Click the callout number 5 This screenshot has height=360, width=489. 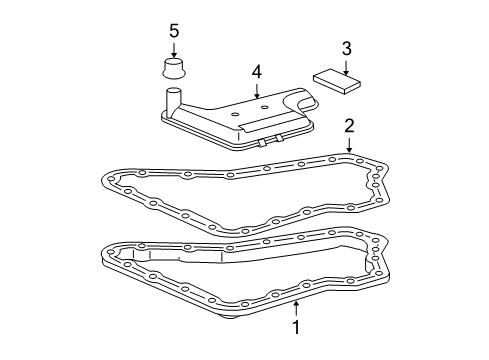click(x=174, y=31)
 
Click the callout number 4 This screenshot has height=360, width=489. click(x=256, y=72)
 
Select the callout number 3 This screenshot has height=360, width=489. click(x=345, y=47)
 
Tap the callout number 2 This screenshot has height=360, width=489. click(x=350, y=126)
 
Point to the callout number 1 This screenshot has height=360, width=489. click(x=297, y=326)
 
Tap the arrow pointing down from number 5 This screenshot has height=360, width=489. click(x=174, y=50)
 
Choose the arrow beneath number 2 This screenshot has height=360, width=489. click(x=350, y=145)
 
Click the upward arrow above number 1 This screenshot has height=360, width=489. click(x=297, y=303)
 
